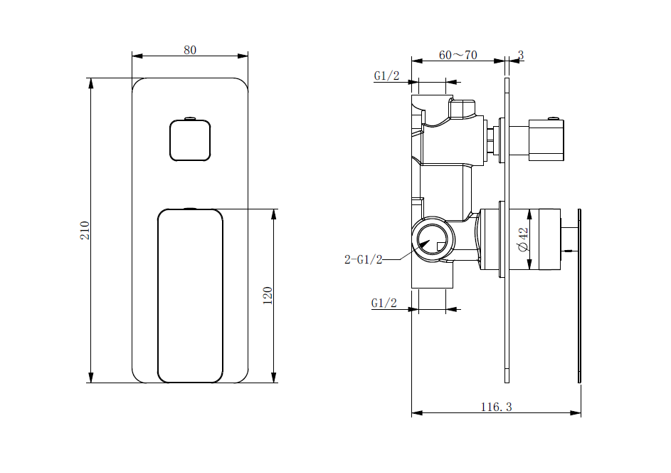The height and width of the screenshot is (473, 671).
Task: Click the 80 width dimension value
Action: coord(190,50)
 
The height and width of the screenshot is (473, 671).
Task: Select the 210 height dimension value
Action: coord(85,229)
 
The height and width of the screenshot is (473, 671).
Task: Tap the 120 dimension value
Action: coord(268,295)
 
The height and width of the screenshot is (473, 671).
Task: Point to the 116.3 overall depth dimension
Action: coord(496,407)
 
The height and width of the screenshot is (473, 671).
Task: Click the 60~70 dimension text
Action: coord(458,55)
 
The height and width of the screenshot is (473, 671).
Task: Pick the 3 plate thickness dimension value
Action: coord(521,55)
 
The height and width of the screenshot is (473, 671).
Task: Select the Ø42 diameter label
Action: coord(523,239)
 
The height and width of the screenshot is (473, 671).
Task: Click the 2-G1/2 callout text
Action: coord(363,259)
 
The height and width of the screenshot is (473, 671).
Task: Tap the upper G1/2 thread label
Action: coord(386,76)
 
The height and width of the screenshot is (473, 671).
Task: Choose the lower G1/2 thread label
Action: coord(384,303)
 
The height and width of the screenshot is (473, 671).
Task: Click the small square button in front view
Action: coord(190,140)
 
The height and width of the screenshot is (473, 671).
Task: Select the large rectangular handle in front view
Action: coord(190,296)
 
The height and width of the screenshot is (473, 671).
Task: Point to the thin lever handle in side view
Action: coord(579,296)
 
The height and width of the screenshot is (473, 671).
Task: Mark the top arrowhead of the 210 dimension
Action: coord(91,83)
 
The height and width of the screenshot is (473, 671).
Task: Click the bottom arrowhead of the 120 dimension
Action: coord(274,377)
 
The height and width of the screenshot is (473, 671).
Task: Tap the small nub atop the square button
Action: coord(189,118)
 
